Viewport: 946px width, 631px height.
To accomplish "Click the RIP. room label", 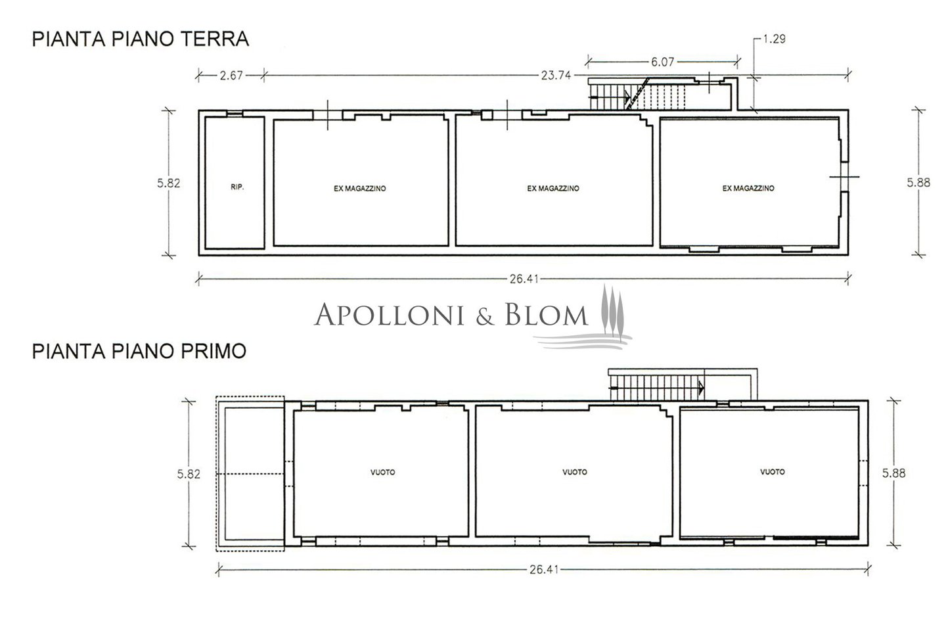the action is [x=237, y=187].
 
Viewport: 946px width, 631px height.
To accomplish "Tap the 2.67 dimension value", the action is [x=231, y=76].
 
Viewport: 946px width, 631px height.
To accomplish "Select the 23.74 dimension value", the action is [x=556, y=76].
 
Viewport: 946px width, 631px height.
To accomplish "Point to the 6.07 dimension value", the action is [x=663, y=62].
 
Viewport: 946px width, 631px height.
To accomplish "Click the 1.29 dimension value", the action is [x=774, y=39].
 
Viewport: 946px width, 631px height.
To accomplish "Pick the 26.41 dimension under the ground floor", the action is [x=524, y=279].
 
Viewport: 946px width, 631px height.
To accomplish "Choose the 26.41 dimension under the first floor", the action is [x=545, y=570].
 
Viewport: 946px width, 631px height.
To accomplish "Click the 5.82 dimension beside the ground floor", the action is [x=169, y=183].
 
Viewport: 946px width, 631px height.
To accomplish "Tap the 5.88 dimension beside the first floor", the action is [x=893, y=473].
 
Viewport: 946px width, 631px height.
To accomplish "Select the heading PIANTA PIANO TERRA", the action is [x=141, y=39].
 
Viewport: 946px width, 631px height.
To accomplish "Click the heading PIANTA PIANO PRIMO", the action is [x=139, y=351].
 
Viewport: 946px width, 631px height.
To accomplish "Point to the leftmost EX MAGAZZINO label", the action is [x=360, y=189].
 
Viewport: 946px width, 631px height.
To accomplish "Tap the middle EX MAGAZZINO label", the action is [x=553, y=189].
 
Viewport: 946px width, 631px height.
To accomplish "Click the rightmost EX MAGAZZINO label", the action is [x=748, y=188].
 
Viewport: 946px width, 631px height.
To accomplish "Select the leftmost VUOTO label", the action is [x=383, y=472].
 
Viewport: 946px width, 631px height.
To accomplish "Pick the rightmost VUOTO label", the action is [x=773, y=472].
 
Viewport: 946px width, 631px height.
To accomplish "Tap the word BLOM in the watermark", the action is [x=547, y=314].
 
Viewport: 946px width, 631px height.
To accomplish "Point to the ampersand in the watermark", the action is [x=485, y=316].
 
